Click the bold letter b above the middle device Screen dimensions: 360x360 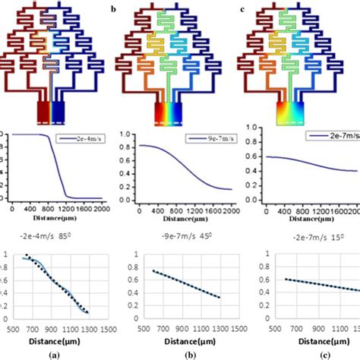113,9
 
